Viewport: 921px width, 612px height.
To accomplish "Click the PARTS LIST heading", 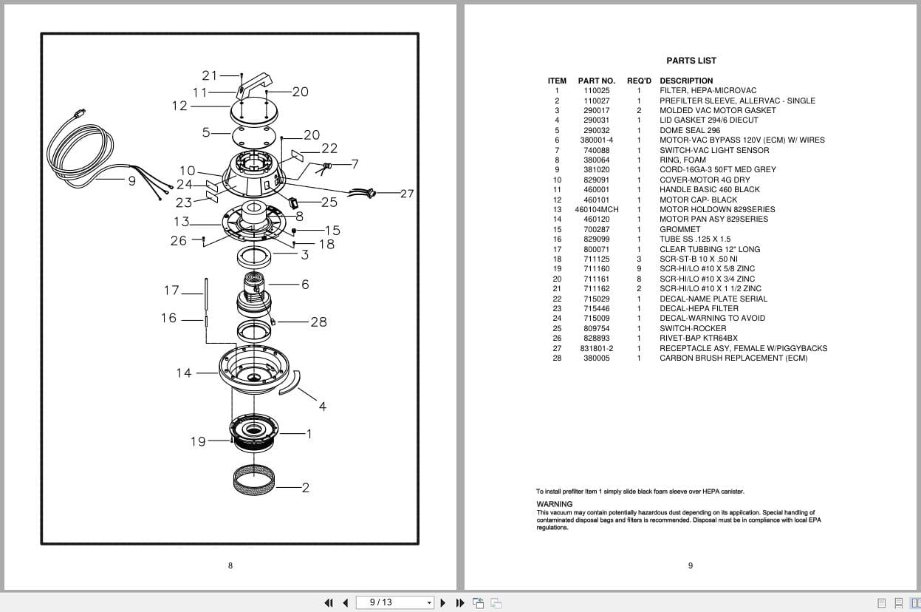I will (691, 61).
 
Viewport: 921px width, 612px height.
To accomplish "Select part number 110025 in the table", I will (596, 91).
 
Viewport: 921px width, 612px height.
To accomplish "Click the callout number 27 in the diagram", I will (407, 194).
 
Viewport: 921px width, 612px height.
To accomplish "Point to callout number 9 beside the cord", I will (132, 180).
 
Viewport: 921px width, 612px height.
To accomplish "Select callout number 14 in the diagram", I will (183, 373).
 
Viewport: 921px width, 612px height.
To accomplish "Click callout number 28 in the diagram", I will (318, 322).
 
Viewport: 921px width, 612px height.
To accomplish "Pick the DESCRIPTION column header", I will (686, 81).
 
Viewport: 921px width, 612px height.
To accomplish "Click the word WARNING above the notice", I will (554, 504).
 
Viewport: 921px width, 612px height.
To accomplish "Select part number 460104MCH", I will (596, 209).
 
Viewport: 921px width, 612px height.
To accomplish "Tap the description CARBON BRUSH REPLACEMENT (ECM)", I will (733, 358).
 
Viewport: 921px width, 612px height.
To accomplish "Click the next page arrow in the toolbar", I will (443, 602).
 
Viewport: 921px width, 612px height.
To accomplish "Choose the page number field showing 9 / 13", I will (394, 602).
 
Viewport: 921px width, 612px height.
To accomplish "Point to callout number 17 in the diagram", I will (171, 290).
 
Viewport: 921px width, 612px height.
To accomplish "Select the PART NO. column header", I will (596, 81).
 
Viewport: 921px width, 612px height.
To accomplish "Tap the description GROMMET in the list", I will (679, 229).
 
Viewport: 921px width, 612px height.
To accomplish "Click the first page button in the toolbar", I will (329, 602).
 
